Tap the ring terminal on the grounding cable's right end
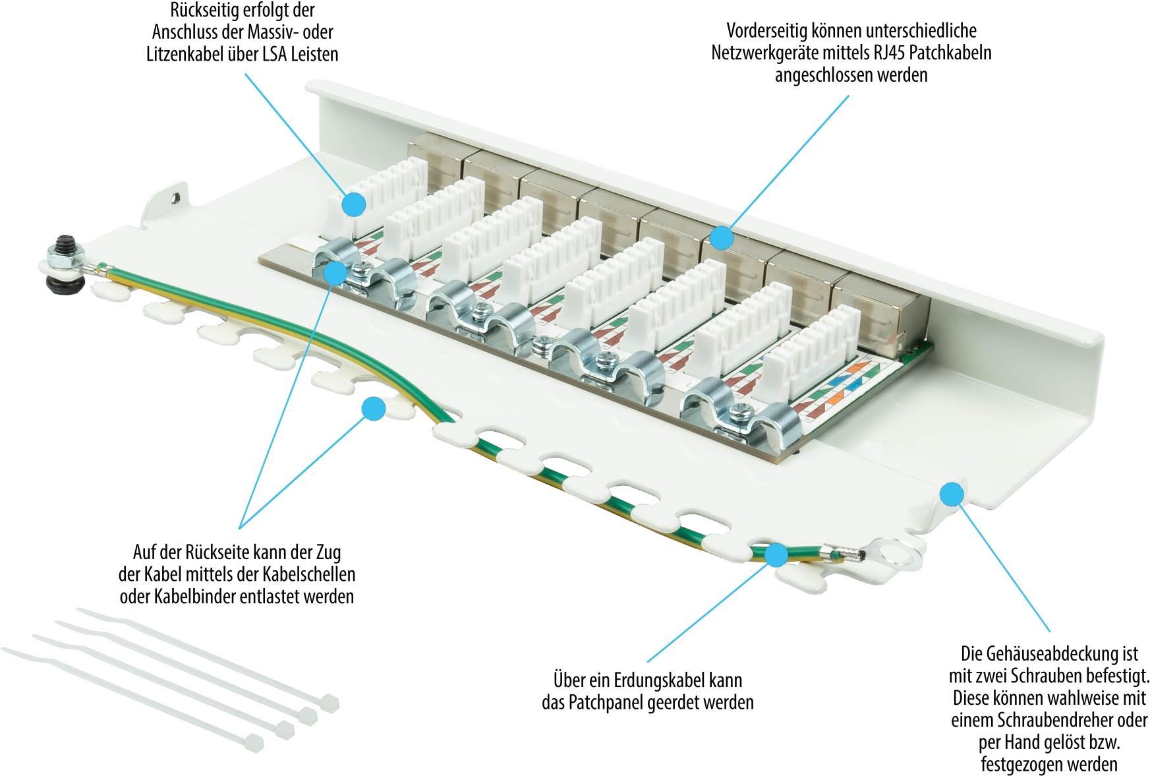point(894,552)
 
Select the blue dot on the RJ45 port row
point(723,238)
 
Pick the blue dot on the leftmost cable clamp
point(336,272)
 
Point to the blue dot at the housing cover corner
point(951,493)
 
